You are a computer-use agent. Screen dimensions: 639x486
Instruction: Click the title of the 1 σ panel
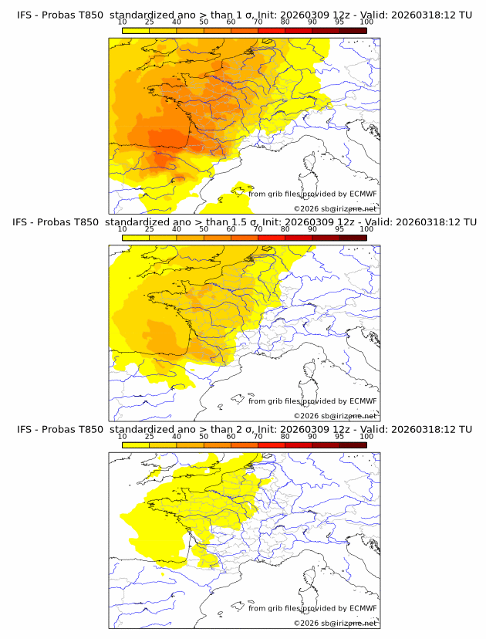pos(243,15)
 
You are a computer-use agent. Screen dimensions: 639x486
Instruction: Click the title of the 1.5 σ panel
pos(243,221)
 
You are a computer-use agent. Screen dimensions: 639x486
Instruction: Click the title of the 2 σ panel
pos(243,429)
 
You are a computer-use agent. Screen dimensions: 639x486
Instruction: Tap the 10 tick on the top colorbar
pos(123,22)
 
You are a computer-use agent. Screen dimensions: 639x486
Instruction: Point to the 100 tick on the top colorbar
pos(366,22)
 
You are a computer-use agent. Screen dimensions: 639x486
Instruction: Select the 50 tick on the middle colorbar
pos(204,229)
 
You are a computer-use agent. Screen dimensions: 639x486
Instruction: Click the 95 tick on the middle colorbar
pos(339,229)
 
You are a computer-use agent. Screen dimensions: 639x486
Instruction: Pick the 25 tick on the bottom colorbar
pos(150,437)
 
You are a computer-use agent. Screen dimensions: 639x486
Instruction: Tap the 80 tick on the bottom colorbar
pos(285,437)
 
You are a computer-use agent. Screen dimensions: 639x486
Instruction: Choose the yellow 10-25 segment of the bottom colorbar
pos(136,445)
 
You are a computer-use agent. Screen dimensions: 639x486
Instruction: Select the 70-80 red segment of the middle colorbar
pos(272,238)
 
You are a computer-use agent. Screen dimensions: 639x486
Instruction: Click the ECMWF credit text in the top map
pos(312,194)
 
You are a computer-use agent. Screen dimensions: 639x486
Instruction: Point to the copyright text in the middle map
pos(336,416)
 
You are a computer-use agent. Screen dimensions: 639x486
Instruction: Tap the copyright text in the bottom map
pos(336,623)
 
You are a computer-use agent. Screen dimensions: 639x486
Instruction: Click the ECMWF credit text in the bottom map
pos(312,608)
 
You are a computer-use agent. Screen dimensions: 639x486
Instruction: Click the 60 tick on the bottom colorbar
pos(231,437)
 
